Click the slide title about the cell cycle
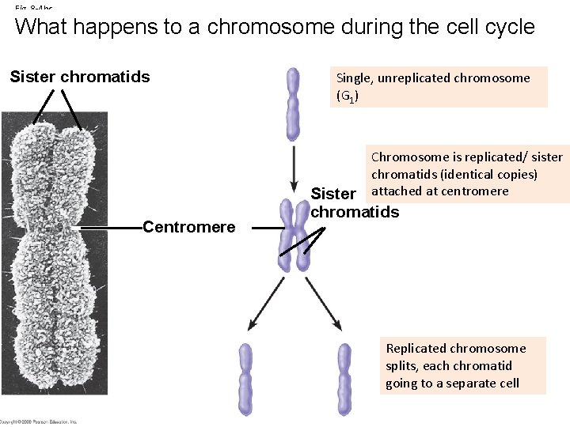pos(275,27)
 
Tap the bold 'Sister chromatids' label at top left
pos(79,77)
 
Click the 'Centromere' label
pos(188,228)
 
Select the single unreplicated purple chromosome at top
pos(294,104)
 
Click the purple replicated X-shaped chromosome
pos(294,236)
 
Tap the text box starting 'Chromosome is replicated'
pos(466,174)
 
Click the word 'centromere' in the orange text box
pos(475,191)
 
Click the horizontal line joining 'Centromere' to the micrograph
pos(111,228)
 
